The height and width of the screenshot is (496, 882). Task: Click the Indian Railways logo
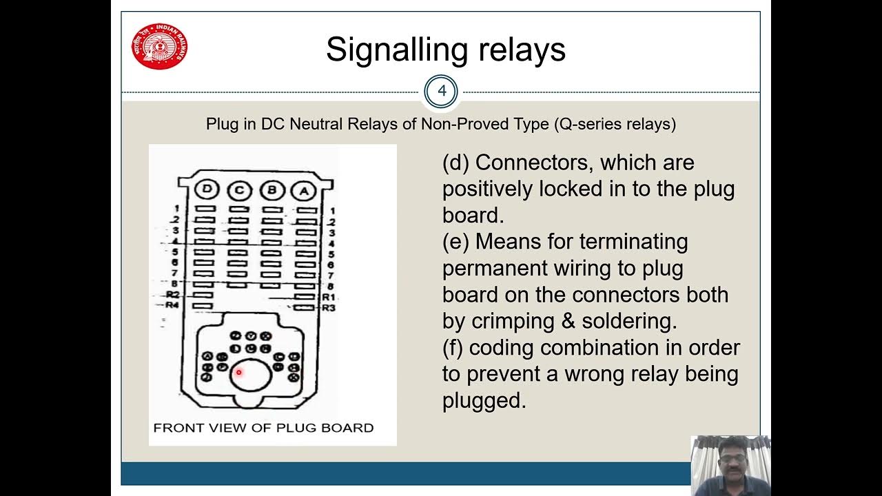coord(159,46)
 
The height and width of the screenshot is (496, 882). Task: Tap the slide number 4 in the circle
coord(441,91)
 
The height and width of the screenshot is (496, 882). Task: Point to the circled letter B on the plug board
coord(270,189)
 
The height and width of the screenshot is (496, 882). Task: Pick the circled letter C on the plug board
coord(238,189)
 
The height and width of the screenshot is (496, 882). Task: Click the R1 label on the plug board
coord(328,297)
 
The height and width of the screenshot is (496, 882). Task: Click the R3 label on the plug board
coord(328,307)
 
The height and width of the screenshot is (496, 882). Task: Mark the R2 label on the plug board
coord(172,295)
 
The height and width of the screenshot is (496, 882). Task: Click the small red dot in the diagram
coord(238,373)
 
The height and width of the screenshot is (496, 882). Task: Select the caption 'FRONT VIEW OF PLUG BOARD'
coord(263,428)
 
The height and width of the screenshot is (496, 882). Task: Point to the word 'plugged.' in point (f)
coord(484,400)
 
